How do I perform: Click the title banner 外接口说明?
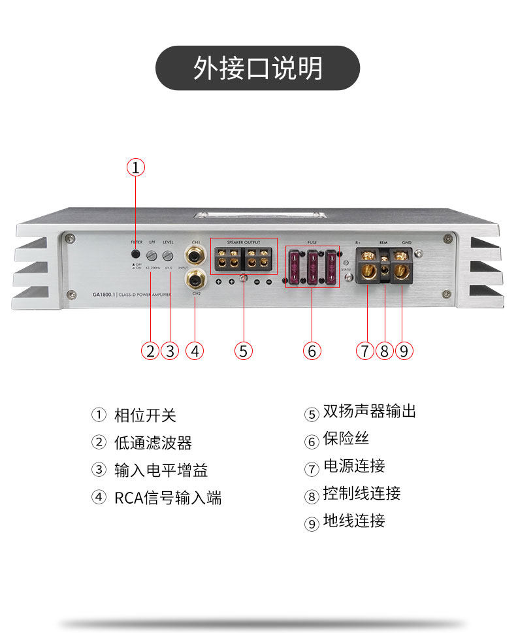pyautogui.click(x=257, y=68)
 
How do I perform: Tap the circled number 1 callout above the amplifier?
pyautogui.click(x=135, y=168)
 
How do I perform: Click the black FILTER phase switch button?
pyautogui.click(x=135, y=254)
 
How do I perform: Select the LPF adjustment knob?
pyautogui.click(x=152, y=255)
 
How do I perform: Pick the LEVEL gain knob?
pyautogui.click(x=168, y=255)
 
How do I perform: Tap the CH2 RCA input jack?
pyautogui.click(x=195, y=281)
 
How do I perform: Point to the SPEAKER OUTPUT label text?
pyautogui.click(x=243, y=242)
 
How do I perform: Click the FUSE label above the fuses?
pyautogui.click(x=312, y=242)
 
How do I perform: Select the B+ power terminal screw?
pyautogui.click(x=367, y=268)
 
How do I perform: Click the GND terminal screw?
pyautogui.click(x=401, y=268)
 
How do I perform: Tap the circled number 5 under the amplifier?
pyautogui.click(x=243, y=351)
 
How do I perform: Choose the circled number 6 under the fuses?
pyautogui.click(x=312, y=351)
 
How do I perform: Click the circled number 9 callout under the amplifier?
pyautogui.click(x=404, y=351)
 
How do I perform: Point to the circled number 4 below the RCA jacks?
pyautogui.click(x=194, y=351)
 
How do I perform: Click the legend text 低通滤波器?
pyautogui.click(x=153, y=443)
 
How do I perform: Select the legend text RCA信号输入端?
pyautogui.click(x=168, y=498)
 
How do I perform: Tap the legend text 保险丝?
pyautogui.click(x=346, y=439)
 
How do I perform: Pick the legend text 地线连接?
pyautogui.click(x=354, y=521)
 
